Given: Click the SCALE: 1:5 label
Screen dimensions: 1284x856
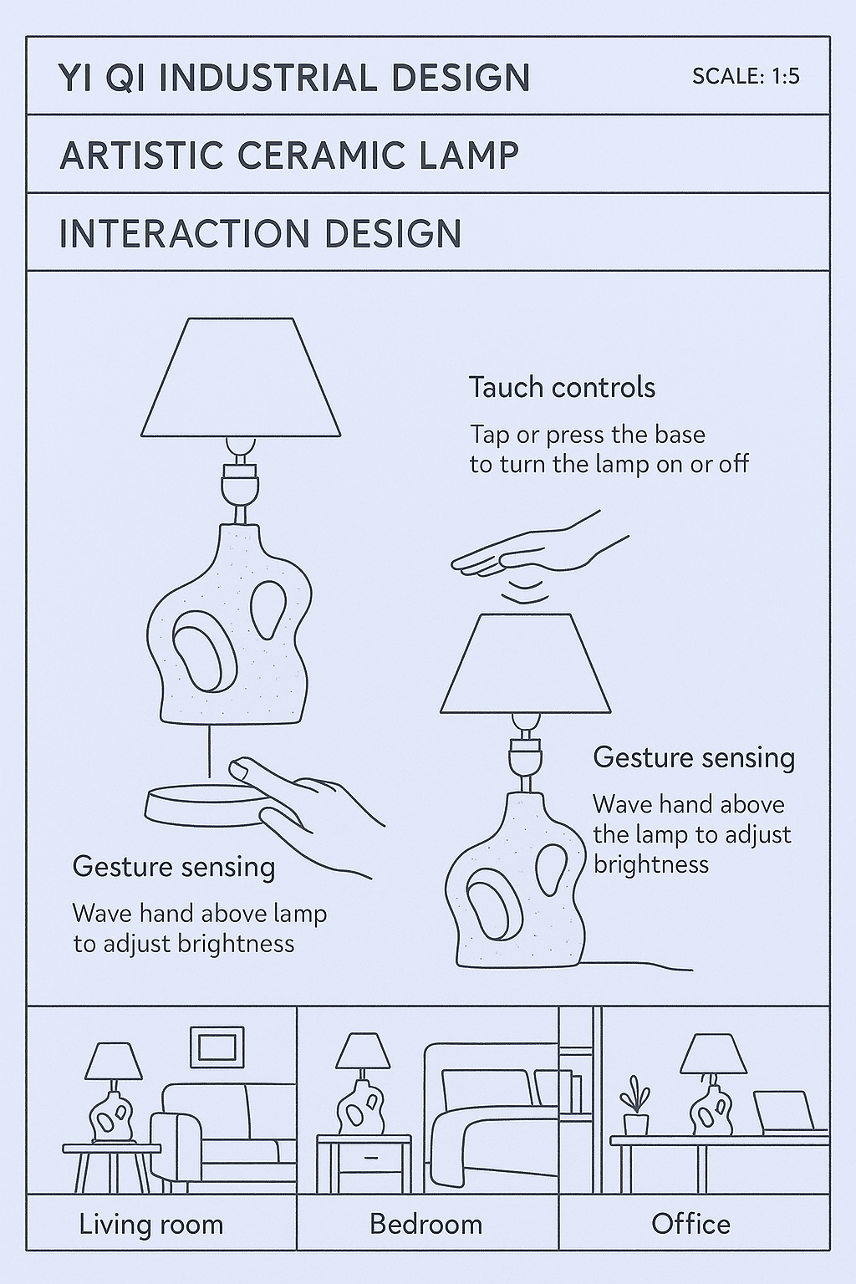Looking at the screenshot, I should click(746, 77).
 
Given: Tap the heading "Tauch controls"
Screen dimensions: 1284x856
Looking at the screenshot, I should click(562, 388).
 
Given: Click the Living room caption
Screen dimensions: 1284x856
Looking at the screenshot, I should click(151, 1225).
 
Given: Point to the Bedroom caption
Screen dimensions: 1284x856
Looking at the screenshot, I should click(426, 1225).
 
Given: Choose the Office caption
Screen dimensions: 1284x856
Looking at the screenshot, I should click(690, 1225).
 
